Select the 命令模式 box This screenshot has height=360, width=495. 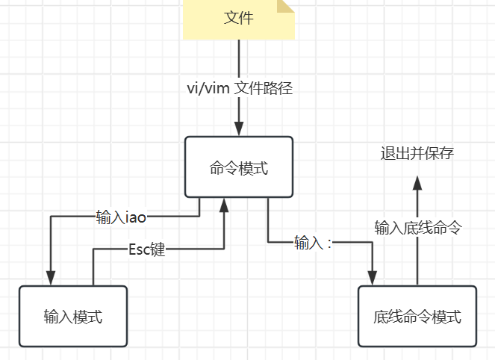[239, 168]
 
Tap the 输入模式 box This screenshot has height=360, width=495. [72, 317]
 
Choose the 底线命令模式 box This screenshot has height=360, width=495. [417, 317]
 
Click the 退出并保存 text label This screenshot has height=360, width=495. [417, 154]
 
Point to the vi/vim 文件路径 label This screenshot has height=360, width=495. [239, 88]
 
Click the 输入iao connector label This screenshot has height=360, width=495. [121, 217]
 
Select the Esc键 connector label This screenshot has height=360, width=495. [146, 249]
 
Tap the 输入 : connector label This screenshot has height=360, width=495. [313, 243]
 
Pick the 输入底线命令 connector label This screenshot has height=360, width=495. [417, 228]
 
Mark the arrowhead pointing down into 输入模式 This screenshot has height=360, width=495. [51, 278]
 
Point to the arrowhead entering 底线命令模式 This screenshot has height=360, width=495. [372, 277]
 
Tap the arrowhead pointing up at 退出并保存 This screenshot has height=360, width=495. [417, 184]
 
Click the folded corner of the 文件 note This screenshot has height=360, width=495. [286, 7]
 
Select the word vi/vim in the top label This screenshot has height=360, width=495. [208, 88]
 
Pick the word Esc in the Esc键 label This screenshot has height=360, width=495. [139, 249]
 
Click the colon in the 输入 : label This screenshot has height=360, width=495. [329, 243]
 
